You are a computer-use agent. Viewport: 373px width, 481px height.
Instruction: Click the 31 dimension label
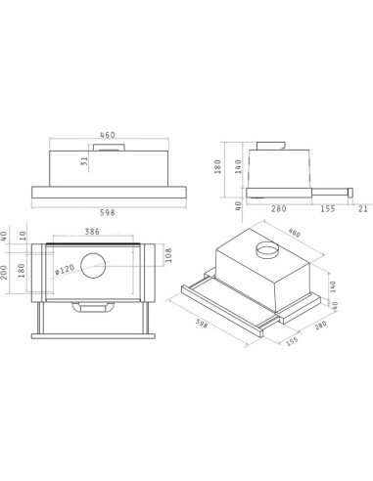click(84, 161)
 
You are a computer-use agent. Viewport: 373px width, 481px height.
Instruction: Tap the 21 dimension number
click(363, 209)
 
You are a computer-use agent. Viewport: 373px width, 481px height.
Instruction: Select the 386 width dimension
click(92, 232)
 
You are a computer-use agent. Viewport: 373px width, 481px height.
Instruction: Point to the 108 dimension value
click(168, 256)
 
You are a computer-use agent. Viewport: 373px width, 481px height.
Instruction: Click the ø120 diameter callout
click(65, 270)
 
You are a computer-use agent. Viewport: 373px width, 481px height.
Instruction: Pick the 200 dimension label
click(4, 272)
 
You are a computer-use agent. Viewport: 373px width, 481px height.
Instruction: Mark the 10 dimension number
click(23, 236)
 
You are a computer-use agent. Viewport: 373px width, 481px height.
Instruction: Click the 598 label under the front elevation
click(108, 212)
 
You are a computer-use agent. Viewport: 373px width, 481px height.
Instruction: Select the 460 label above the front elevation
click(108, 135)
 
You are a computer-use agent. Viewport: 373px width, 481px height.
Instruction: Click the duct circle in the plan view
click(93, 265)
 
